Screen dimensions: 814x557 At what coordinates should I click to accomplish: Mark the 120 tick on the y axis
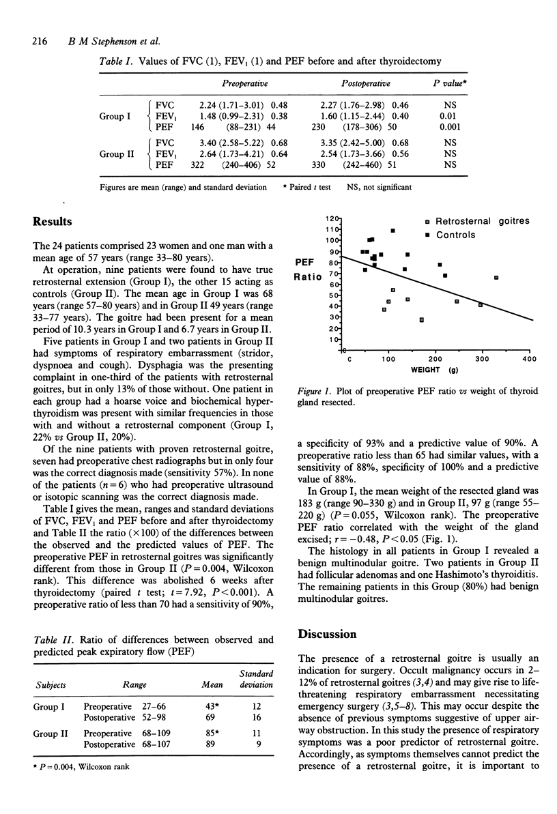coord(333,218)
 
